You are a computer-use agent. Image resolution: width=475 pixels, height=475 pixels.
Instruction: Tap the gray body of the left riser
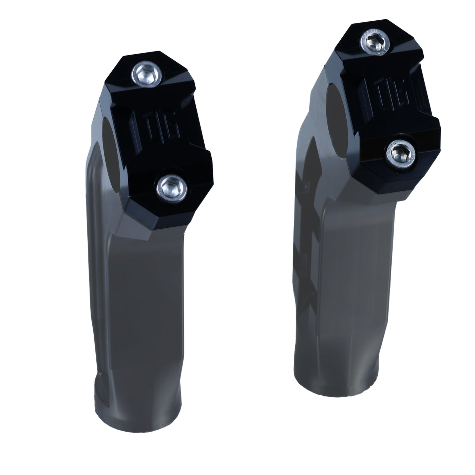pyautogui.click(x=136, y=305)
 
